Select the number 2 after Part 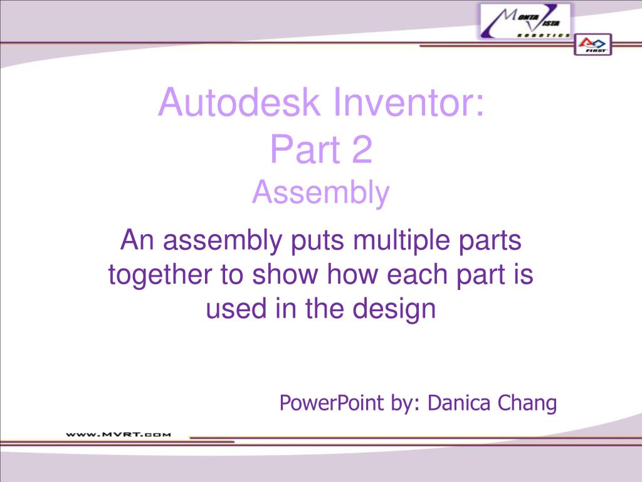(362, 151)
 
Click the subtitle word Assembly (321, 193)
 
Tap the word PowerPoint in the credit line (332, 402)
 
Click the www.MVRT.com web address (118, 433)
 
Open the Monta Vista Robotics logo (526, 21)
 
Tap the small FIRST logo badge (592, 45)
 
